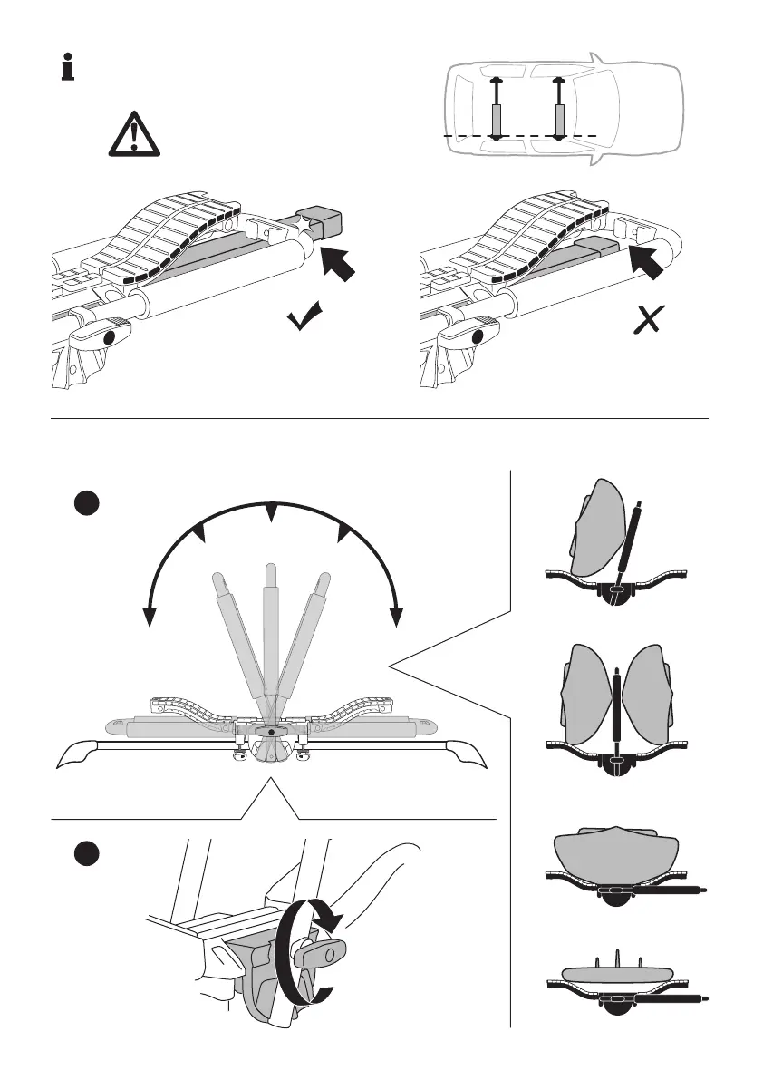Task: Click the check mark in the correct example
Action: pyautogui.click(x=307, y=317)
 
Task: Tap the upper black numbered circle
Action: pyautogui.click(x=86, y=505)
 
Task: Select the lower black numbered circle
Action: pyautogui.click(x=86, y=854)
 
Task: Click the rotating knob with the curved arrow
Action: pyautogui.click(x=318, y=953)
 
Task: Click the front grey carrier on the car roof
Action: pyautogui.click(x=559, y=118)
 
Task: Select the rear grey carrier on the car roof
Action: pyautogui.click(x=497, y=118)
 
